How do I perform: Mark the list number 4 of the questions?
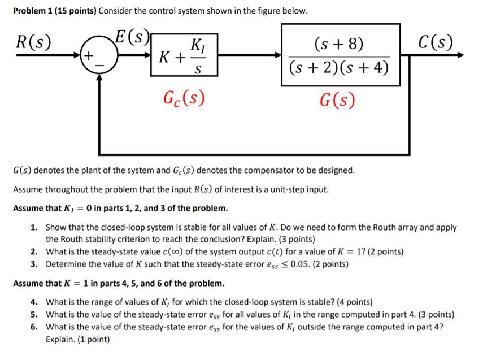[34, 302]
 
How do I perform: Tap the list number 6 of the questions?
[34, 327]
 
